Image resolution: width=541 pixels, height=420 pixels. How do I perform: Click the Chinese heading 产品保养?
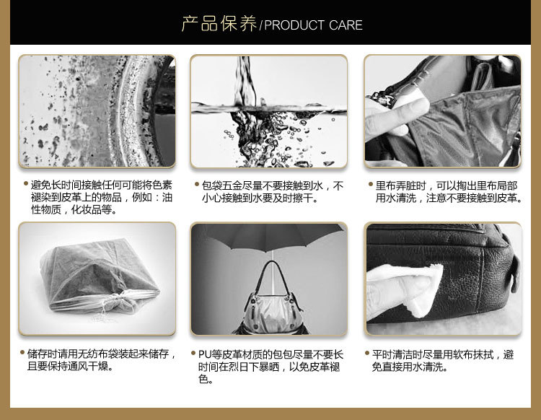pyautogui.click(x=219, y=24)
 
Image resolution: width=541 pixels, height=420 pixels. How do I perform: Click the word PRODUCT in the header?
pyautogui.click(x=294, y=25)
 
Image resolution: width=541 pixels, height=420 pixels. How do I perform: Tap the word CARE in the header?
pyautogui.click(x=346, y=25)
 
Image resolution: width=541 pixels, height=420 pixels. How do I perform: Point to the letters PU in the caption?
pyautogui.click(x=204, y=354)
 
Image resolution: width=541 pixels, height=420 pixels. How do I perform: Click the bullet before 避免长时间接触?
pyautogui.click(x=26, y=183)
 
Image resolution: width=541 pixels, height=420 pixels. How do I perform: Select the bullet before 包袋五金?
pyautogui.click(x=197, y=184)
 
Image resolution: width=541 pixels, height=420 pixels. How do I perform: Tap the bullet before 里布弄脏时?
pyautogui.click(x=371, y=184)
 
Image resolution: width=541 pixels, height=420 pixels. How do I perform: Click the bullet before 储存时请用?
pyautogui.click(x=22, y=352)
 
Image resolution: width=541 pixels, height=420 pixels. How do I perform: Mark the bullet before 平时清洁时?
pyautogui.click(x=367, y=353)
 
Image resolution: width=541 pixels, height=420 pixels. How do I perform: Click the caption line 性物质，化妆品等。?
pyautogui.click(x=74, y=209)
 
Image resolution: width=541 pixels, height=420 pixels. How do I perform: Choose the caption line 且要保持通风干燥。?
pyautogui.click(x=71, y=366)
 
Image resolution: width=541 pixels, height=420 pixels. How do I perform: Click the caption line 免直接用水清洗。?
pyautogui.click(x=410, y=367)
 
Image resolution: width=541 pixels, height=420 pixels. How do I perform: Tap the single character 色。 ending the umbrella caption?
pyautogui.click(x=206, y=380)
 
